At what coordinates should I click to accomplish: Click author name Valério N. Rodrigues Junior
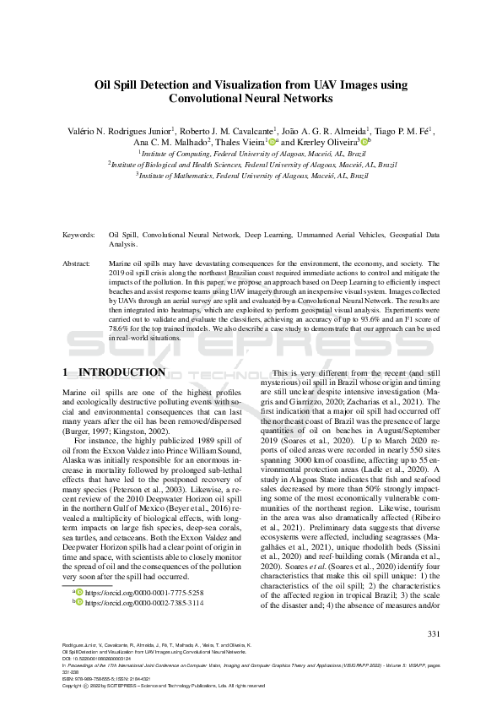point(121,131)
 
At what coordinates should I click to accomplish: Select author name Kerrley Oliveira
point(324,143)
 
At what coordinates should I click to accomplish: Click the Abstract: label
point(78,264)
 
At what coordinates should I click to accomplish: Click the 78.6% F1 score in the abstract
point(121,332)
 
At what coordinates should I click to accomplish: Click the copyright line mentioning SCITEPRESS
point(164,686)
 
